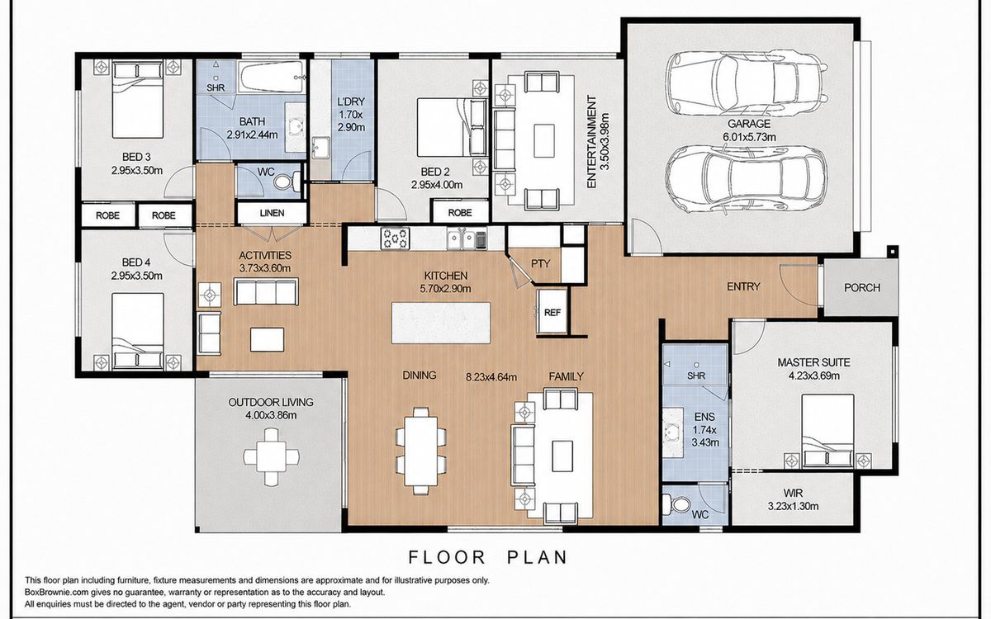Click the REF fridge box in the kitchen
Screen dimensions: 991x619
pyautogui.click(x=552, y=312)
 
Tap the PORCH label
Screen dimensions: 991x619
pyautogui.click(x=862, y=288)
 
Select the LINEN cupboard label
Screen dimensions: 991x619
pyautogui.click(x=272, y=213)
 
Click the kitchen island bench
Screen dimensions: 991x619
pyautogui.click(x=441, y=323)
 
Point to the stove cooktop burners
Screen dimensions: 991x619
pyautogui.click(x=396, y=239)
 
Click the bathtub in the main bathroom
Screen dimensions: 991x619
pyautogui.click(x=272, y=77)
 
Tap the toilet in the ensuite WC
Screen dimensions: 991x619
pyautogui.click(x=676, y=504)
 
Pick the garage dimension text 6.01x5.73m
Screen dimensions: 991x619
pyautogui.click(x=749, y=137)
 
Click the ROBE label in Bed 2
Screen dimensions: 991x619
pyautogui.click(x=460, y=213)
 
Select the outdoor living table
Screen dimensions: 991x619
pyautogui.click(x=271, y=456)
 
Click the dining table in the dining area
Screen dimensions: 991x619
pyautogui.click(x=420, y=451)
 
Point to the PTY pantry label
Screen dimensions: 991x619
pyautogui.click(x=540, y=264)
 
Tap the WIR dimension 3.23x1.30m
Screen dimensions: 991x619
pyautogui.click(x=793, y=506)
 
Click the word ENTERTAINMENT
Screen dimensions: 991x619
pyautogui.click(x=591, y=141)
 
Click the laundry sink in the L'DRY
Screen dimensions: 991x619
pyautogui.click(x=320, y=148)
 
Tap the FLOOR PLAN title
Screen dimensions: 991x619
pyautogui.click(x=487, y=558)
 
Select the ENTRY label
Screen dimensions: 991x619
pyautogui.click(x=743, y=287)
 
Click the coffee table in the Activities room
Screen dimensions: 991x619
pyautogui.click(x=268, y=339)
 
